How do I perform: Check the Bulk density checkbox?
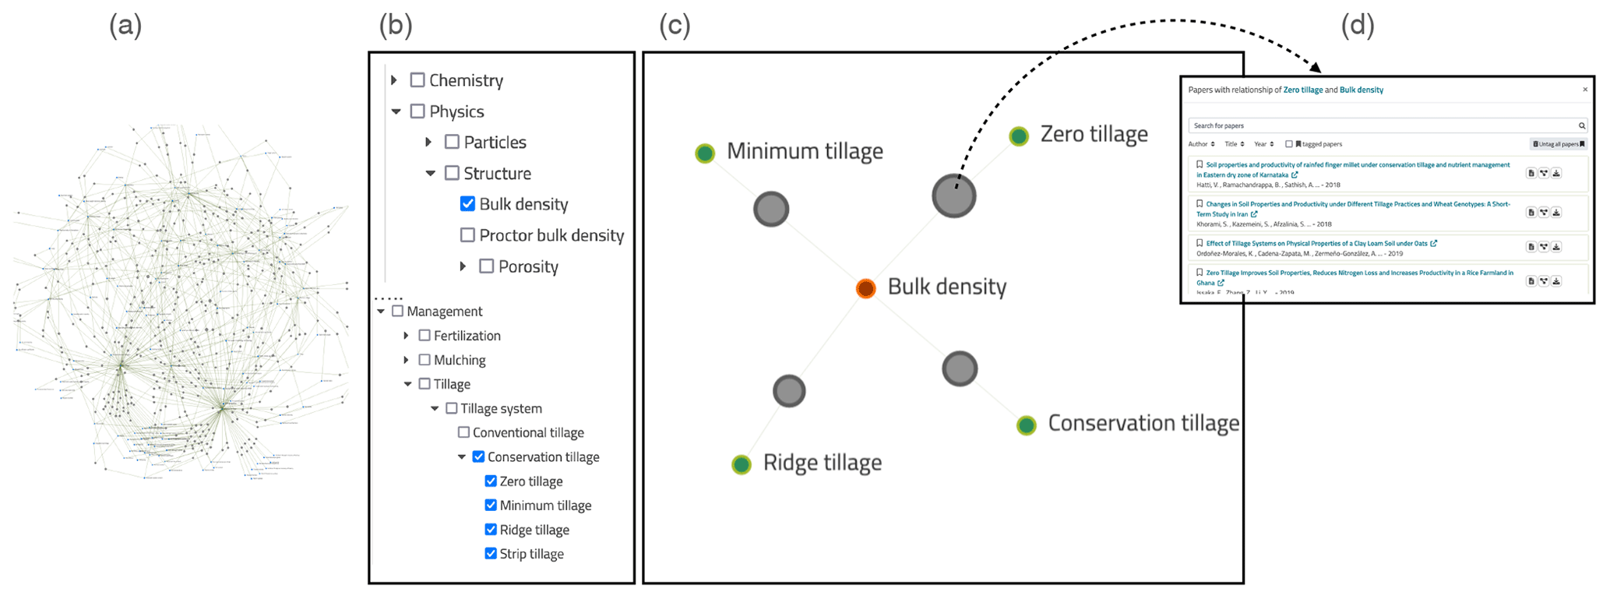coord(467,204)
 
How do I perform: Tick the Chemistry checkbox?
coord(417,80)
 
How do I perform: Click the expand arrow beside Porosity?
coord(463,266)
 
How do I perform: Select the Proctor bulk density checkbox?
coord(467,235)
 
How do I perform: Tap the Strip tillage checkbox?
coord(491,554)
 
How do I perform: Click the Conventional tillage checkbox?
coord(463,432)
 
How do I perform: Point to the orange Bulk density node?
coord(865,288)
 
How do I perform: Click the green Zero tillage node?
coord(1019,136)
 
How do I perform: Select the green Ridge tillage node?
coord(742,465)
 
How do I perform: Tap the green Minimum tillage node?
coord(705,153)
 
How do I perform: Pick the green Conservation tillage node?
coord(1027,425)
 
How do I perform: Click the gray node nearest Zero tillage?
coord(954,196)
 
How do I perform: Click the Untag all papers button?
coord(1559,144)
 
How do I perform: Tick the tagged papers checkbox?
coord(1289,144)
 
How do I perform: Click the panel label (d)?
coord(1358,26)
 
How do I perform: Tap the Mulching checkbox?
coord(425,360)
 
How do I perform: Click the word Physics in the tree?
coord(456,111)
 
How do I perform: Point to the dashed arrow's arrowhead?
coord(1317,68)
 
